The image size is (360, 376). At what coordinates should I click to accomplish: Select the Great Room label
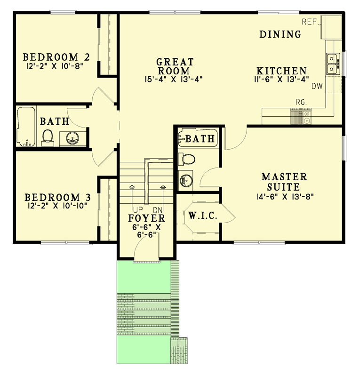coord(175,66)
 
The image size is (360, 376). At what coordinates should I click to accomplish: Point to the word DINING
coord(280,34)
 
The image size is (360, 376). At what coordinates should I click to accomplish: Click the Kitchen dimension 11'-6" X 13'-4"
coord(281,79)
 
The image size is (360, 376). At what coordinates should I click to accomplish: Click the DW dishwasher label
coord(316,86)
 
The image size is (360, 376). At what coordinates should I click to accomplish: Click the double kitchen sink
coord(333,64)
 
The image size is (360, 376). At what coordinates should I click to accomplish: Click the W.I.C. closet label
coord(203,216)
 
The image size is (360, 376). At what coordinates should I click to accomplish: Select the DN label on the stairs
coord(158,210)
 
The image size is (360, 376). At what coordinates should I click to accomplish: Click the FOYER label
coord(147,218)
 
